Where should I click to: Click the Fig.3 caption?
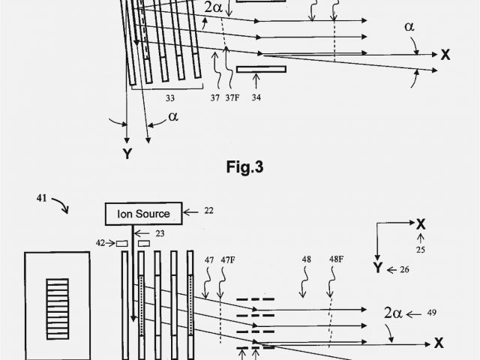point(244,167)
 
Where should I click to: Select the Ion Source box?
point(142,214)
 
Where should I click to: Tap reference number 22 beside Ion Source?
point(208,211)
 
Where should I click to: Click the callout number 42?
point(100,242)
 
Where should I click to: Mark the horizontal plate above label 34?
point(261,70)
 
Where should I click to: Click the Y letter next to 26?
point(377,268)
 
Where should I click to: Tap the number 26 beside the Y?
point(405,269)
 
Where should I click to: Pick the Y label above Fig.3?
point(127,154)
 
